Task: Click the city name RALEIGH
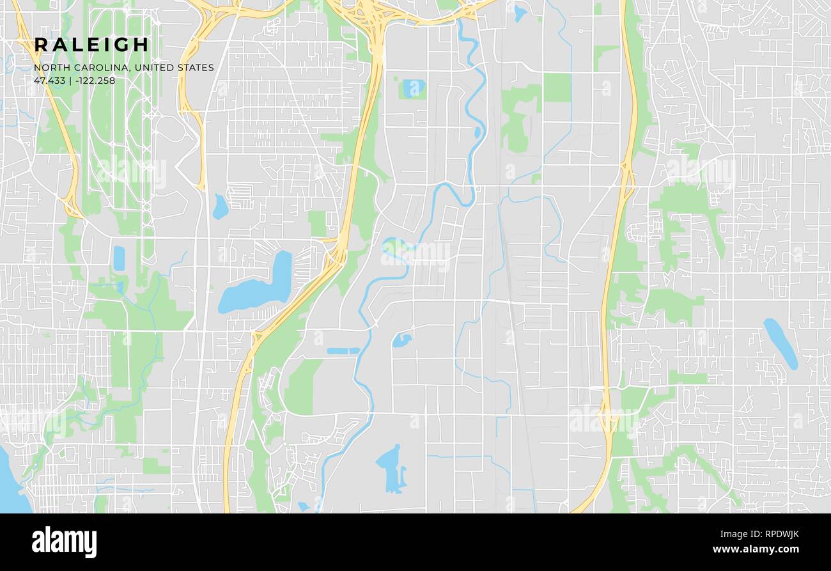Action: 91,45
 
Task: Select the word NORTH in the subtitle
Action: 49,68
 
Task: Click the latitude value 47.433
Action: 49,81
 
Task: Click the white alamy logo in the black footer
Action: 64,542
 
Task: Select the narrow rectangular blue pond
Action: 343,351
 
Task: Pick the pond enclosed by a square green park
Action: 412,88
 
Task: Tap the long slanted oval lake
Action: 781,343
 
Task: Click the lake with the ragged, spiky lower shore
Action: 391,468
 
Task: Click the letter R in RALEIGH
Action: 42,45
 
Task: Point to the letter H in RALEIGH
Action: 141,45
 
